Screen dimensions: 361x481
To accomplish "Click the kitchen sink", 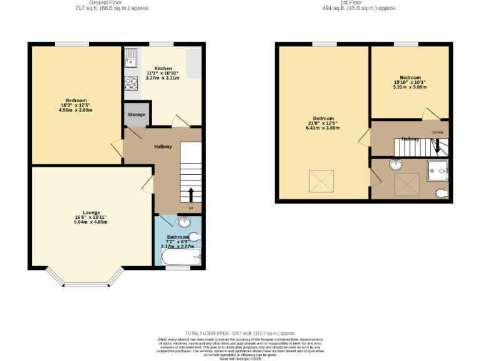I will click(131, 58).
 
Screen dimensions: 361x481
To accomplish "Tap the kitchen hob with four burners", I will click(132, 83).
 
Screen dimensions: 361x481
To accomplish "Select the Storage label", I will click(137, 115).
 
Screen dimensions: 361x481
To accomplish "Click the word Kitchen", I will click(163, 68).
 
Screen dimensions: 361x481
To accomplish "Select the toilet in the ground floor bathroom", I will click(195, 237).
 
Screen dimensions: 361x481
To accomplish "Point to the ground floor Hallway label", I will click(163, 147).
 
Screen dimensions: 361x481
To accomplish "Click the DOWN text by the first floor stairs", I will click(437, 133).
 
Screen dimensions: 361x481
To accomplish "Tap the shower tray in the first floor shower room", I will click(438, 169).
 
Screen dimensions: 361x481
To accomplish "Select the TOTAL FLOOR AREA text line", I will click(240, 333).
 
